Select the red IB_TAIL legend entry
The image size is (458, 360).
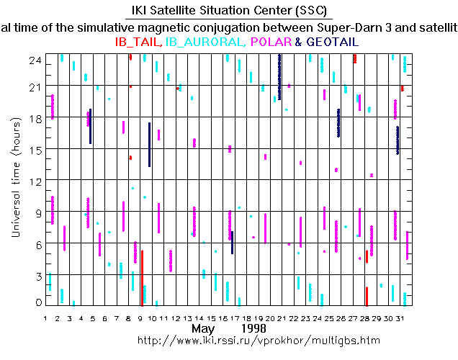pos(139,42)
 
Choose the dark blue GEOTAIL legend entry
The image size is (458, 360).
pos(333,42)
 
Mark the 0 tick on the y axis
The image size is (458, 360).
pos(37,302)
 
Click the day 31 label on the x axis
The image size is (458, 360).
pos(400,318)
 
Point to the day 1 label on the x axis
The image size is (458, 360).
pos(46,318)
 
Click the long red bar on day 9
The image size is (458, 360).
pos(142,277)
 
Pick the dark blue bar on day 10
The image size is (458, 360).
pos(149,145)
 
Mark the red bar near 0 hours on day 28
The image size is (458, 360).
pos(367,296)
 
